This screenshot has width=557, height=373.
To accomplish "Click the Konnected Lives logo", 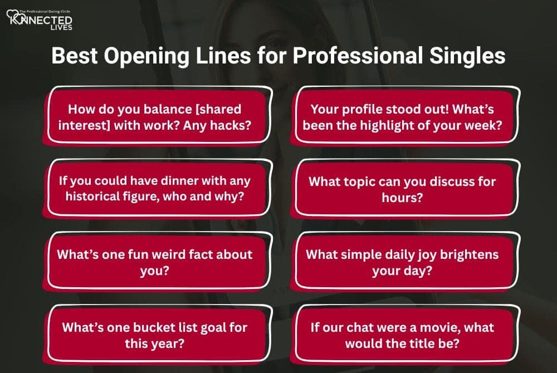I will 39,21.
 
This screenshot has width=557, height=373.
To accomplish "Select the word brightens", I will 473,254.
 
